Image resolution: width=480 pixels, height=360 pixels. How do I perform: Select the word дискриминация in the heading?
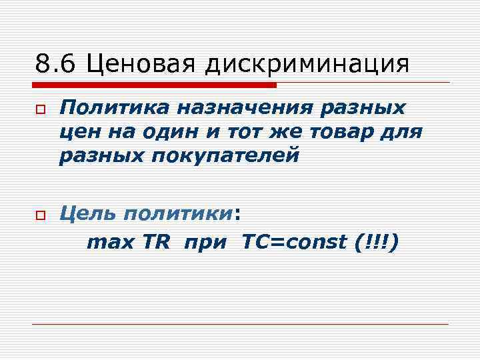coord(307,65)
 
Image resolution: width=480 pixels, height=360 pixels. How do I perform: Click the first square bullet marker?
coord(39,109)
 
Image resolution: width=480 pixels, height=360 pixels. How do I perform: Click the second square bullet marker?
coord(39,215)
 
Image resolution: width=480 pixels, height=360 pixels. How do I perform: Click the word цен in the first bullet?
coord(79,132)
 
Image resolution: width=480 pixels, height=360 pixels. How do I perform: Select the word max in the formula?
coord(111,243)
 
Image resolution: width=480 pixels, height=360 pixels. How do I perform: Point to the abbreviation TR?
coord(157,243)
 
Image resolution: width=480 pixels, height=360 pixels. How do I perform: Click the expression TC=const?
coord(290,243)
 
